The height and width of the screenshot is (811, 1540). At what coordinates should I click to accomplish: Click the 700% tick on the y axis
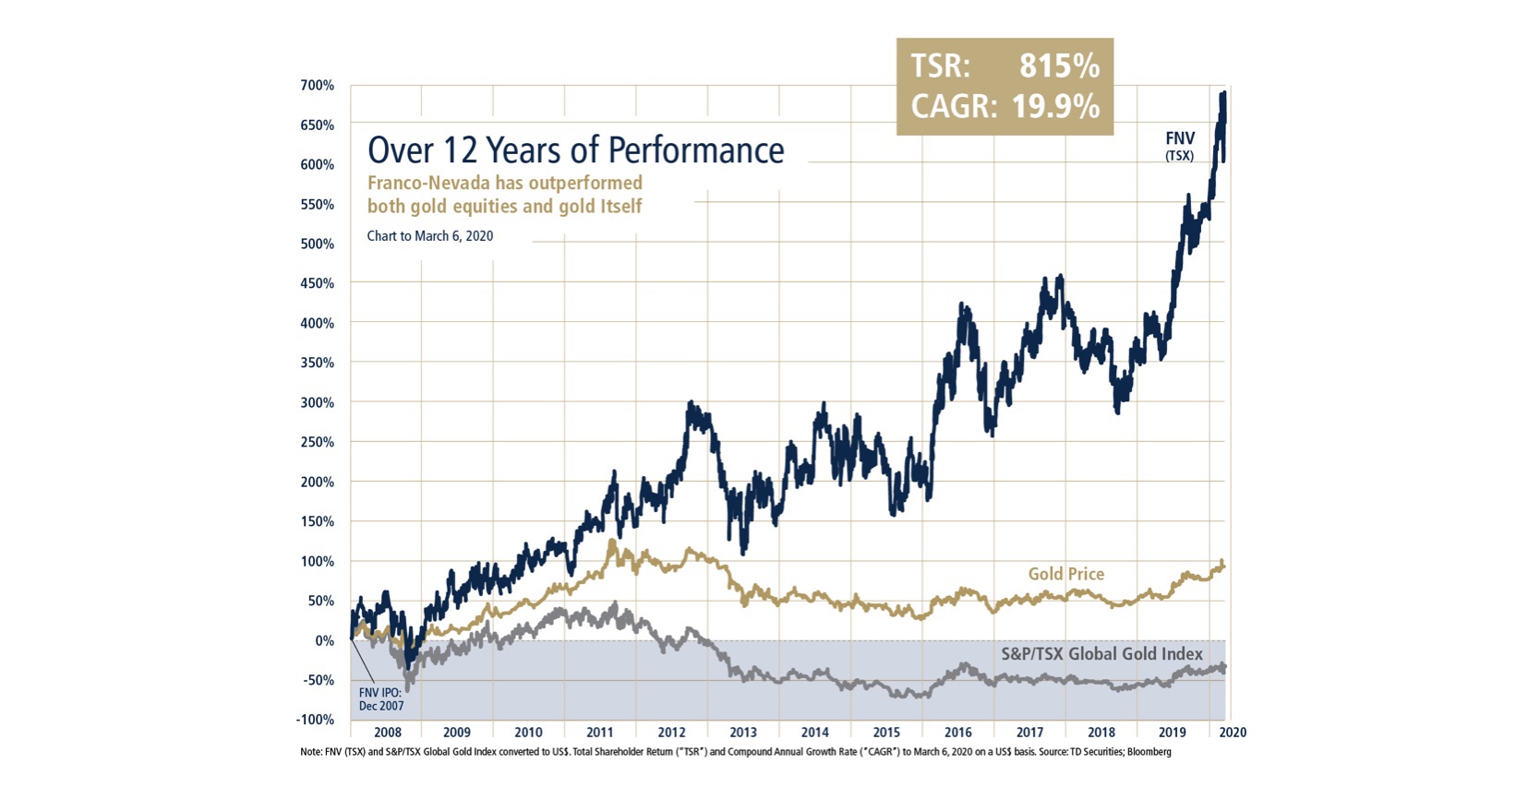click(317, 86)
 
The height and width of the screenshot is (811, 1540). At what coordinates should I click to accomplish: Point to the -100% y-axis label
click(316, 720)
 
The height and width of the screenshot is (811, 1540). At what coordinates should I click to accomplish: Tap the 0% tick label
click(324, 640)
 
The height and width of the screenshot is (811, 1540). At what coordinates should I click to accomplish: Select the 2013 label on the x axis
click(743, 733)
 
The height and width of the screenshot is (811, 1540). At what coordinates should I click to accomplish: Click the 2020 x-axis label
click(1233, 733)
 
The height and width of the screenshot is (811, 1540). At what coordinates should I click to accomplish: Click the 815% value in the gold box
click(1059, 66)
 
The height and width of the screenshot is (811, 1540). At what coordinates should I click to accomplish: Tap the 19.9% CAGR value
click(1055, 107)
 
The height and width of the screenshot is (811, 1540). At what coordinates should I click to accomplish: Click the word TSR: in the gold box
click(940, 66)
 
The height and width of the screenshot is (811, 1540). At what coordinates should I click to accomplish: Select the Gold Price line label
click(1065, 574)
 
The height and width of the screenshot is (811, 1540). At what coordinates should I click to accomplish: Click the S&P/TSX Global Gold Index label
click(1101, 654)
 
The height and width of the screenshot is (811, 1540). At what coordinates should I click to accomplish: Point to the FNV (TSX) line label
click(1179, 146)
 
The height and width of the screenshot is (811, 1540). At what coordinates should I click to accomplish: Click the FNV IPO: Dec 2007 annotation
click(381, 698)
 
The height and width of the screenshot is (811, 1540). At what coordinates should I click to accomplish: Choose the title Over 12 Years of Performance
click(575, 150)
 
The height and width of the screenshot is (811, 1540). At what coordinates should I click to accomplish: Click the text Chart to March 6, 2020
click(429, 236)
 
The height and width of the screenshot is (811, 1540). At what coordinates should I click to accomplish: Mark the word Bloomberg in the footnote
click(1148, 752)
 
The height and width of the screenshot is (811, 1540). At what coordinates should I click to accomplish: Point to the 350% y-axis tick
click(317, 363)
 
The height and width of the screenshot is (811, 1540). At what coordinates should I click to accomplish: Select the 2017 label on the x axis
click(1029, 733)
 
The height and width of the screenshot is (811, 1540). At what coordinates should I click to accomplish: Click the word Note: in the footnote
click(312, 752)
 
